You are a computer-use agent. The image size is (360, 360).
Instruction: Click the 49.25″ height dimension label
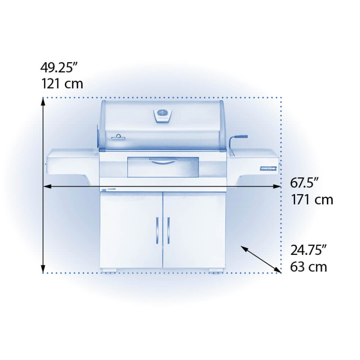click(59, 68)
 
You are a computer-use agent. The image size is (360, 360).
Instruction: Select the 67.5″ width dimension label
click(305, 183)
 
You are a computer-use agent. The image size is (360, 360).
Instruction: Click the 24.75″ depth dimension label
click(308, 250)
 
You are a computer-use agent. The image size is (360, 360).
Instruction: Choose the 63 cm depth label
click(308, 267)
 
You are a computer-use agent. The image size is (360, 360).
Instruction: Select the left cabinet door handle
click(157, 230)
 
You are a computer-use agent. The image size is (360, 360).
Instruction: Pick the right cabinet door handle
click(169, 230)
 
